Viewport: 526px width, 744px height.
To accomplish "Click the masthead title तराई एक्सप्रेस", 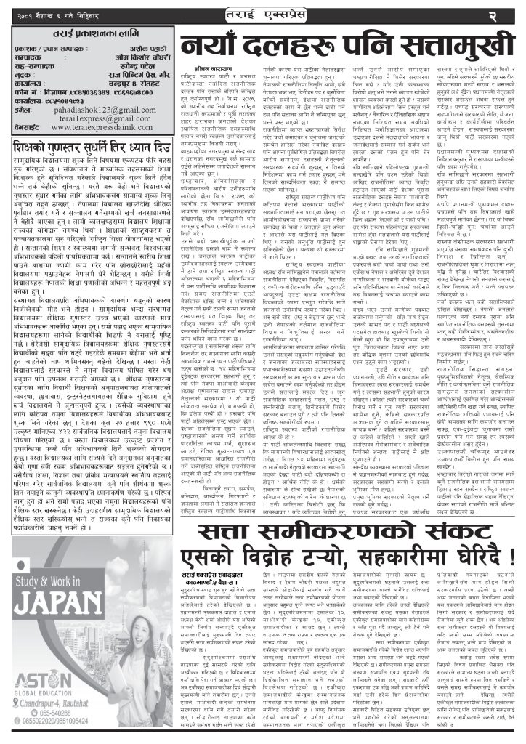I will (x=262, y=14).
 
